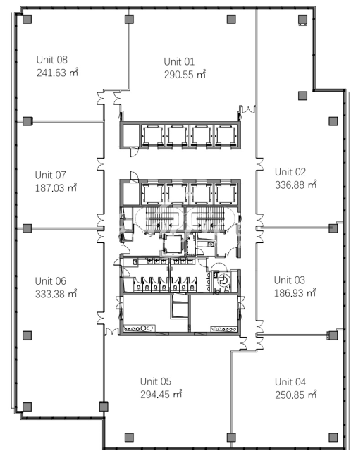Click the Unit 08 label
pos(51,60)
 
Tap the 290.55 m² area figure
pos(185,75)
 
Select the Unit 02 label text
pos(290,172)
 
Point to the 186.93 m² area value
pos(295,293)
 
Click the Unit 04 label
pos(290,382)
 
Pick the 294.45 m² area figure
pos(161,394)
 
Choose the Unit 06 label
pos(50,281)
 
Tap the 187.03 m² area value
pos(56,188)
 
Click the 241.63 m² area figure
pos(57,73)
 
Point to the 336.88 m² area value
pos(296,185)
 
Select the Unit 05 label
pos(156,382)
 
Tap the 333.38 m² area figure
pos(56,294)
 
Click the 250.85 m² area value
pos(296,395)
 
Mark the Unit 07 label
pos(50,175)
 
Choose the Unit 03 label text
pos(290,280)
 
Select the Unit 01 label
pos(179,62)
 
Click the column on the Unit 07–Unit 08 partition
pos(27,121)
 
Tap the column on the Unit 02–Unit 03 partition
pos(333,228)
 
